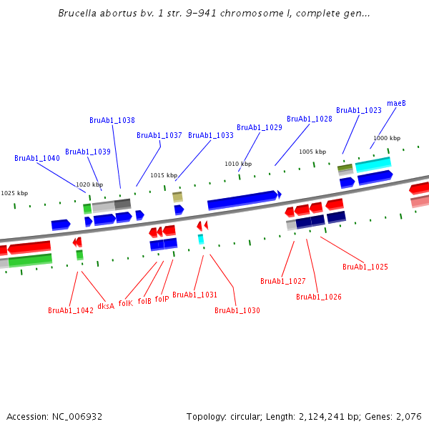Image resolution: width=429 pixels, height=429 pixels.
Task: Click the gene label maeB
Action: (396, 104)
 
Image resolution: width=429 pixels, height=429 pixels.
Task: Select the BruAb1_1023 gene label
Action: (359, 111)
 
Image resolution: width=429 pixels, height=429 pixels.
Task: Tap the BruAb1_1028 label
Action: (310, 119)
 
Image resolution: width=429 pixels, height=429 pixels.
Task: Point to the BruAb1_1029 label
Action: (260, 128)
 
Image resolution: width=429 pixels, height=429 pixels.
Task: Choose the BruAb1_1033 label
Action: (211, 136)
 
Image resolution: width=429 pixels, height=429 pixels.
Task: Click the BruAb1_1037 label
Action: (159, 136)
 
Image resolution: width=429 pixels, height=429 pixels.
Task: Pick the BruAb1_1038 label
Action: (112, 121)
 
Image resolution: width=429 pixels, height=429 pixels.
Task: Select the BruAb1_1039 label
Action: (88, 152)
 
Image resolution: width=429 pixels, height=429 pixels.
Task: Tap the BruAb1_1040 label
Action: (37, 159)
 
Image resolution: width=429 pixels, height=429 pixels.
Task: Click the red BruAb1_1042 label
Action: (71, 311)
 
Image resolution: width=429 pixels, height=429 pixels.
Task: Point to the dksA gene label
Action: (106, 307)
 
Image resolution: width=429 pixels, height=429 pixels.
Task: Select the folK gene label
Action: (126, 303)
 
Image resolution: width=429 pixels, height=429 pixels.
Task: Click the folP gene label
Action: (162, 299)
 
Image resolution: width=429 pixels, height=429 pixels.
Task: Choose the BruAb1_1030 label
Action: (237, 311)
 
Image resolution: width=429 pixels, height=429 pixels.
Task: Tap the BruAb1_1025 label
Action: (365, 267)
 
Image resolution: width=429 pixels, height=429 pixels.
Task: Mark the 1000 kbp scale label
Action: (387, 139)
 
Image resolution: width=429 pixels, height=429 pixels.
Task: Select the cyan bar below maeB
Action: (373, 164)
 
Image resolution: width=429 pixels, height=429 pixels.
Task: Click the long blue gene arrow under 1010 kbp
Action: (243, 200)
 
